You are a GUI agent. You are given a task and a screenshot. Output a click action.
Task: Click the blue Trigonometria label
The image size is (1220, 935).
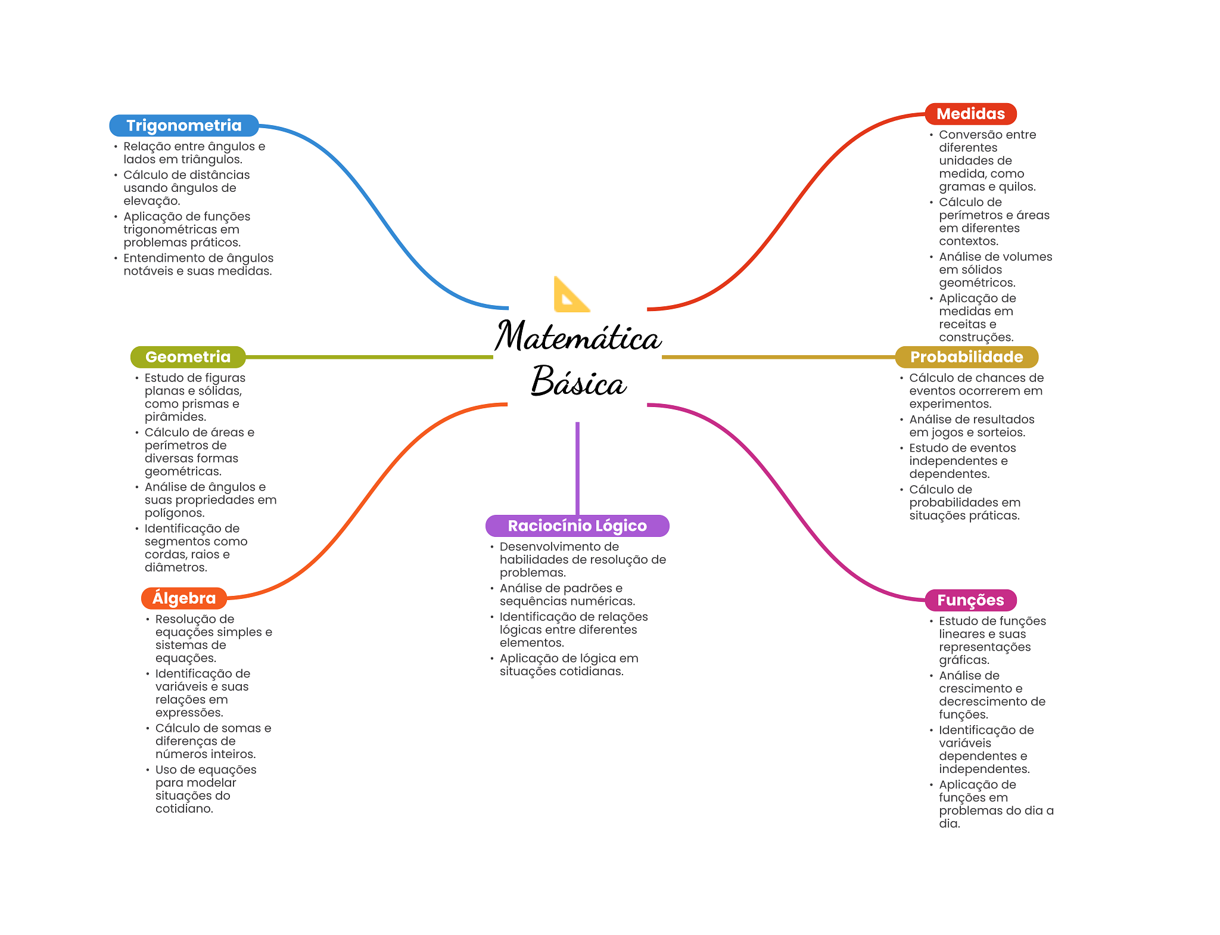point(183,126)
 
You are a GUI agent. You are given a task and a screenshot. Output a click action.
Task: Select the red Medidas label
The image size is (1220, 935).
point(970,114)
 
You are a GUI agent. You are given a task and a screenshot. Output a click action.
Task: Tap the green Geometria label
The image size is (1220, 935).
point(188,357)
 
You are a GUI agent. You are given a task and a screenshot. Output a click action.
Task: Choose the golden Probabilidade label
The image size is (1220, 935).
point(966,357)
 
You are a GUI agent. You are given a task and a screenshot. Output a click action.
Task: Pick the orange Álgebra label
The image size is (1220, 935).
point(184,598)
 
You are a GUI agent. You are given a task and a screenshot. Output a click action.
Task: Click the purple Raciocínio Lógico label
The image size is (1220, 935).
point(577,526)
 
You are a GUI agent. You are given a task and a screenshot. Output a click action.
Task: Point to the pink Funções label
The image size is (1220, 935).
point(970,600)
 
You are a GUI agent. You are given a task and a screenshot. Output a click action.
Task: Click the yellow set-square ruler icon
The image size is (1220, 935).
point(570,296)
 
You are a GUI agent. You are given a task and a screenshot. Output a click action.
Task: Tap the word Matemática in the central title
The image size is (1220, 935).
point(578,337)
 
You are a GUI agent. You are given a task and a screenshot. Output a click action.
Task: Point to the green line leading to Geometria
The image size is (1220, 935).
point(369,357)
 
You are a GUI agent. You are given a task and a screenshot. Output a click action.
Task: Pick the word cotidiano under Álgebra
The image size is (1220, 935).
point(184,809)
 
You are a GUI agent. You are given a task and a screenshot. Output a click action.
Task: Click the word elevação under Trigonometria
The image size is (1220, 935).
point(151,201)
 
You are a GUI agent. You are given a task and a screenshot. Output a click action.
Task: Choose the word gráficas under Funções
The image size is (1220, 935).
point(964,660)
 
